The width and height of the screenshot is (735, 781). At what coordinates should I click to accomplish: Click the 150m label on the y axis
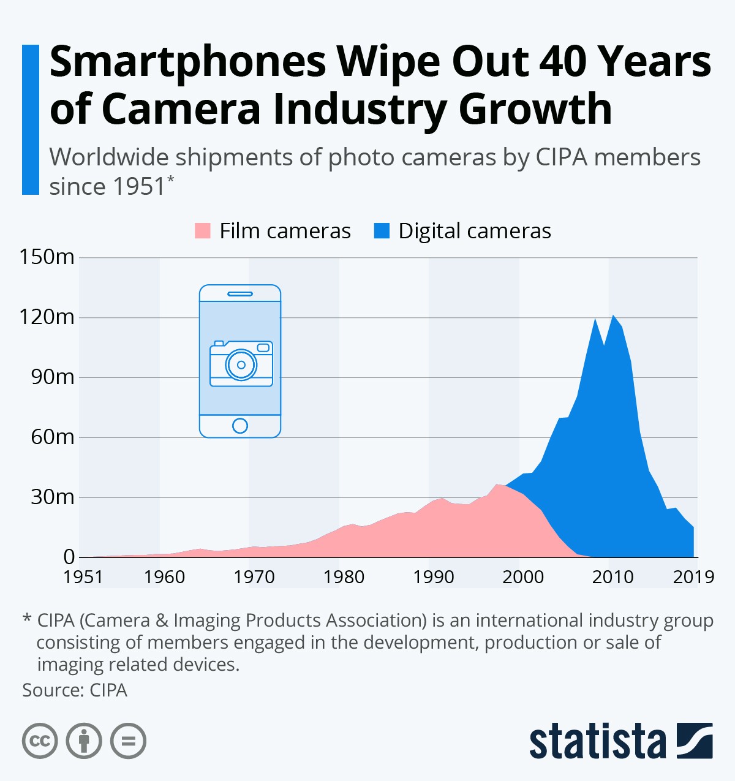tap(47, 257)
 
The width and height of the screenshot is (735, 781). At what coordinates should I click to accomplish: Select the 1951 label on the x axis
tap(83, 577)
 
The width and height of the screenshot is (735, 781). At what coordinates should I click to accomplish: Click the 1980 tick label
tap(344, 577)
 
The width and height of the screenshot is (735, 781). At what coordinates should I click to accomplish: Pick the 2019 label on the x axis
tap(693, 577)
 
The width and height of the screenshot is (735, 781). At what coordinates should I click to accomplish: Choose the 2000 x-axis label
tap(523, 577)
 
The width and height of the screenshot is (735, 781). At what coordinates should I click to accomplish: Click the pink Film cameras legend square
tap(202, 231)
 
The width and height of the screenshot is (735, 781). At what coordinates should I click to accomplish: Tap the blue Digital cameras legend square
tap(382, 231)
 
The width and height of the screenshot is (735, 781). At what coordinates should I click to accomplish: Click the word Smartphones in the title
tap(187, 61)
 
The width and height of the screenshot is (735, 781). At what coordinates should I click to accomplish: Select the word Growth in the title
tap(535, 109)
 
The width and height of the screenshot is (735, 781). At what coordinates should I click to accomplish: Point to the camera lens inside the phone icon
tap(241, 365)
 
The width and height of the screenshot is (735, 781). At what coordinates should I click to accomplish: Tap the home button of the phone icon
tap(240, 426)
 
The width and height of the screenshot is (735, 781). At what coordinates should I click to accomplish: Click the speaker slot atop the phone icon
tap(240, 294)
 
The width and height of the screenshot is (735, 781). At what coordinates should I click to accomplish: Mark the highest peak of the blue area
tap(613, 316)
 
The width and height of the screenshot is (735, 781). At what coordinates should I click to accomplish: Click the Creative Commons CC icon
tap(40, 741)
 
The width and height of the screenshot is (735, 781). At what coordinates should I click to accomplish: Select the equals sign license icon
tap(128, 741)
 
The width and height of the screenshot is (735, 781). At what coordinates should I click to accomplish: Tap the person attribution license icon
tap(84, 741)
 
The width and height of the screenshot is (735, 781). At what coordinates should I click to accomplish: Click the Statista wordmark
tap(597, 742)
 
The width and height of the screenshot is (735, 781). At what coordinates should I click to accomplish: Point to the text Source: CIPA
tap(75, 690)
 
